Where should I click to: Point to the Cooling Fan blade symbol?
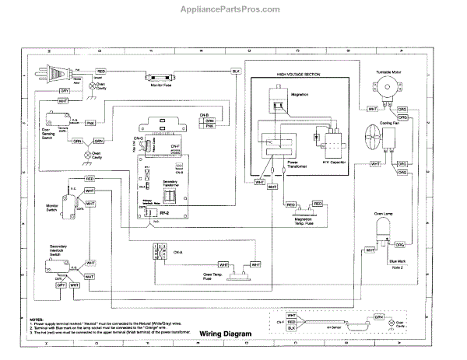coord(371,139)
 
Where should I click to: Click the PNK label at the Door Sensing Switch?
coord(90,123)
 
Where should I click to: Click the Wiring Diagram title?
coord(226,334)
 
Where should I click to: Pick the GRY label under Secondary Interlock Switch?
coord(60,285)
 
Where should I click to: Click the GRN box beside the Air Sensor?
coord(378,317)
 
